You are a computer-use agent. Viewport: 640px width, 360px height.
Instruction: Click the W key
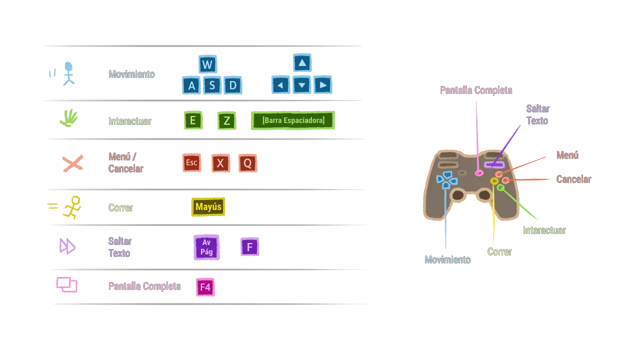pos(207,64)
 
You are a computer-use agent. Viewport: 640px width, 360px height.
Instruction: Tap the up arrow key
pos(301,63)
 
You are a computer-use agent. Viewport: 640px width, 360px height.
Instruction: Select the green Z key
pos(226,120)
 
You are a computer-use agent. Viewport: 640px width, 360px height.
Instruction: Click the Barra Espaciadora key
pos(293,120)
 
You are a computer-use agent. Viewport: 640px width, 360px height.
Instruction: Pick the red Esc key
pos(191,163)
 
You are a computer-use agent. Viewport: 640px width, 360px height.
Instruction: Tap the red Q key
pos(247,163)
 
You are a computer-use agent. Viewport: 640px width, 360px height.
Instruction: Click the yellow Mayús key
pos(208,207)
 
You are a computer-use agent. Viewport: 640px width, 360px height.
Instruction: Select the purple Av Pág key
pos(206,247)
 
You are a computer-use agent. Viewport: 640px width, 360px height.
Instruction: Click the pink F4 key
pos(205,287)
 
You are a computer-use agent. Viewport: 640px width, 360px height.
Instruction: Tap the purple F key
pos(249,247)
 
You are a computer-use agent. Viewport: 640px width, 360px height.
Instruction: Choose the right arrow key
pos(323,85)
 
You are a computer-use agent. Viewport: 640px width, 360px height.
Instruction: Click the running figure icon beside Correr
pos(72,207)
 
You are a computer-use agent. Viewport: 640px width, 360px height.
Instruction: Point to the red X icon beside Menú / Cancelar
pos(72,163)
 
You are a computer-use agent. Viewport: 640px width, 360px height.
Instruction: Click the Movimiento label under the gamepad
pos(447,260)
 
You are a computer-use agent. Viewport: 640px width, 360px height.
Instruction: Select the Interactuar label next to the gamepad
pos(544,230)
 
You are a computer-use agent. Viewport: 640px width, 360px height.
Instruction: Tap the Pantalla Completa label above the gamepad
pos(475,90)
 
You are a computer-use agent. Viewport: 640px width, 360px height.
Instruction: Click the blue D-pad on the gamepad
pos(446,180)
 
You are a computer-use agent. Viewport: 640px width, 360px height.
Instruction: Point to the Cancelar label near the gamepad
pos(573,179)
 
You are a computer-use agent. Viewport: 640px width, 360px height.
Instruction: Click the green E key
pos(192,120)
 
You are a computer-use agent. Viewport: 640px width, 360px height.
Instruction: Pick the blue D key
pos(233,85)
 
